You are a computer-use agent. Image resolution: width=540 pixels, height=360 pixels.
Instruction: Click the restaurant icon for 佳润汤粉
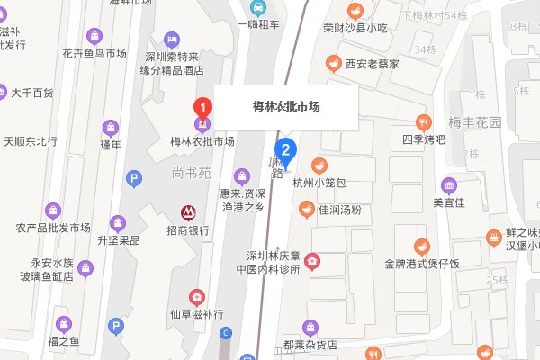click(303, 209)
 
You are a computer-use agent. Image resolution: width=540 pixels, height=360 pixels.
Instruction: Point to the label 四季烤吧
click(422, 139)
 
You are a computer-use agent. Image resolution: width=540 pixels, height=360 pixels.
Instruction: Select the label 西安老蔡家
click(347, 64)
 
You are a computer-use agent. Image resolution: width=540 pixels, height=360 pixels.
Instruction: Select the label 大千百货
click(32, 93)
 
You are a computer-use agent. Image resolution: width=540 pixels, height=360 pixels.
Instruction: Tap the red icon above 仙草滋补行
click(195, 297)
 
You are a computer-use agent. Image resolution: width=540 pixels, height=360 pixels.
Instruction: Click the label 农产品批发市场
click(54, 227)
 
